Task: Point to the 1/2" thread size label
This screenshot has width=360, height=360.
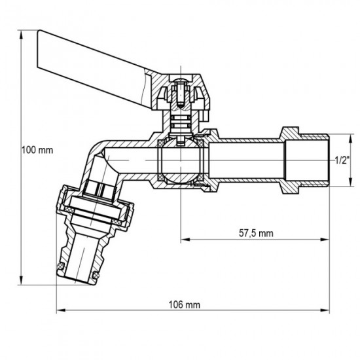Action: (x=341, y=160)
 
